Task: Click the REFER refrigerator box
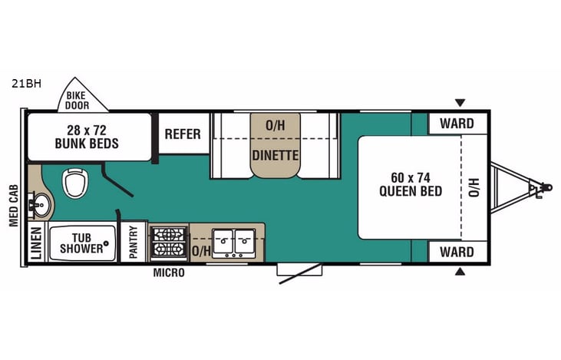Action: (183, 134)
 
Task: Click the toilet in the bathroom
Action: (75, 183)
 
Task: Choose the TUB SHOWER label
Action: (82, 243)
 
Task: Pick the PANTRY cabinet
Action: (134, 243)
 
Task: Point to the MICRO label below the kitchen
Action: (168, 272)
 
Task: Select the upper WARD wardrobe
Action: (457, 123)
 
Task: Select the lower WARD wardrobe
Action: (457, 252)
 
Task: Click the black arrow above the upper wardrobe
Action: (460, 102)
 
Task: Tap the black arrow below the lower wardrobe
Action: (460, 272)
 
